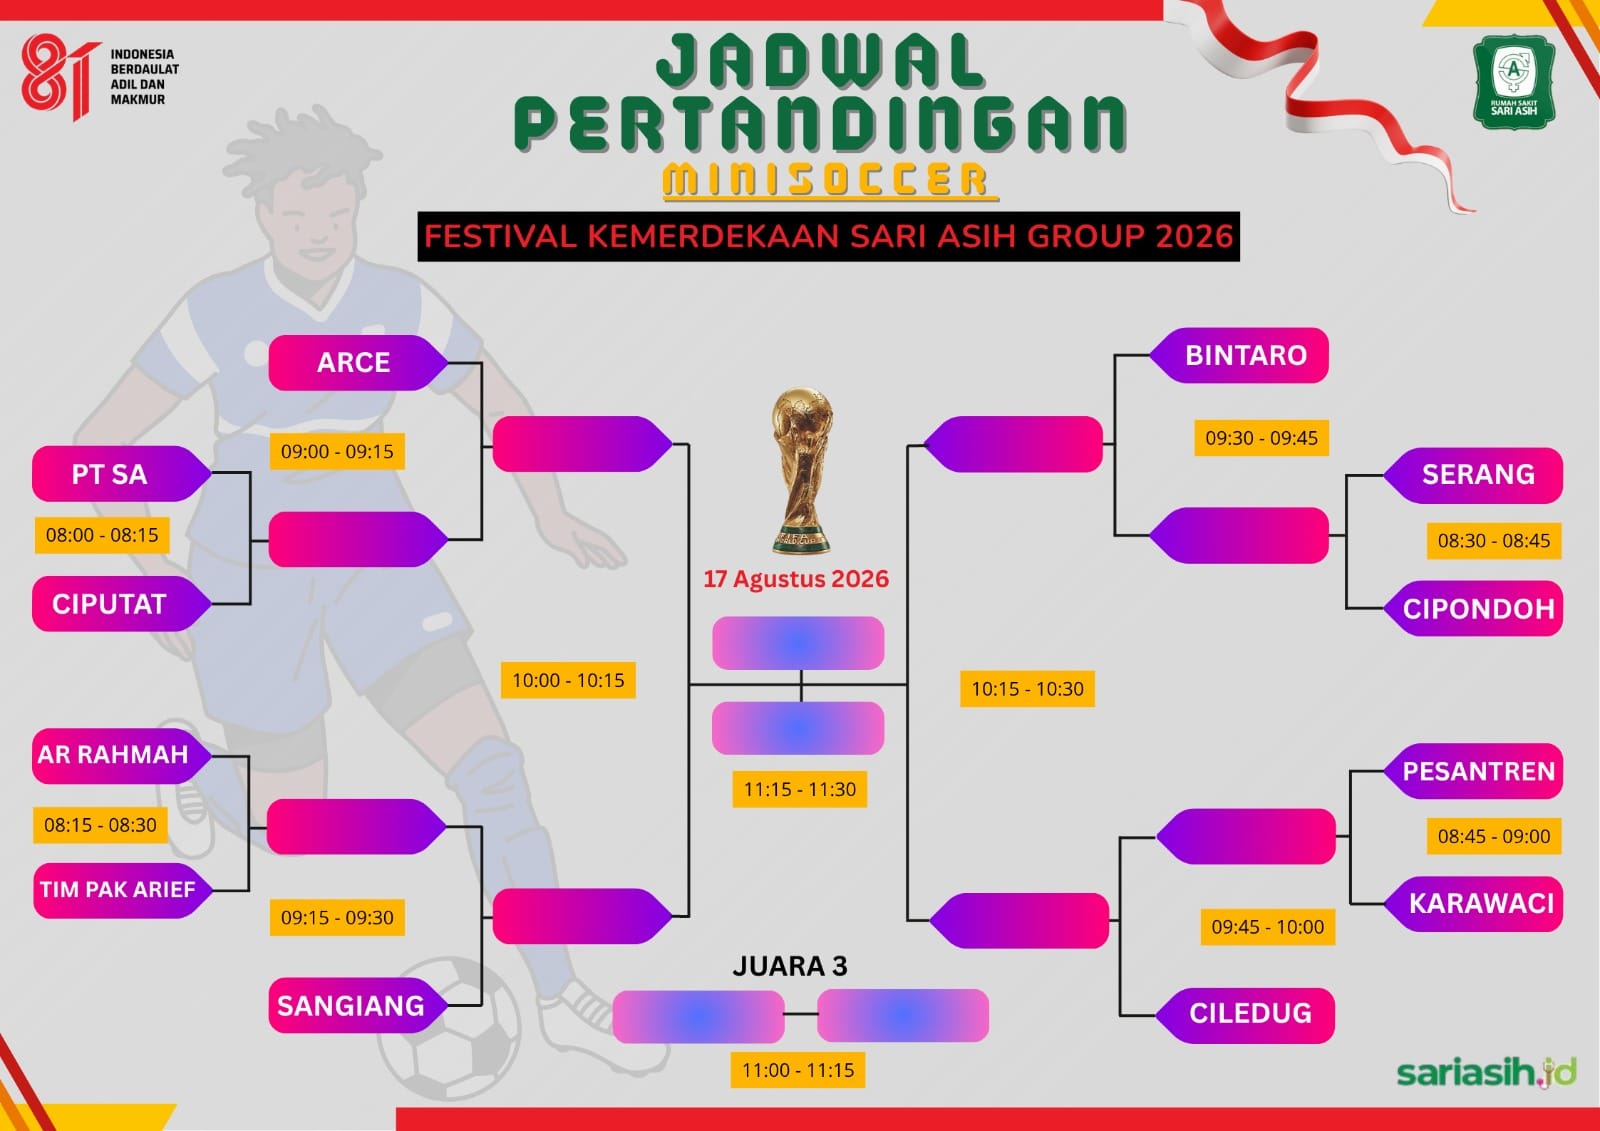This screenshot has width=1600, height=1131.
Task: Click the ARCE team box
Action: tap(358, 362)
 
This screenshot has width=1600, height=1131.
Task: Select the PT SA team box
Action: tap(121, 474)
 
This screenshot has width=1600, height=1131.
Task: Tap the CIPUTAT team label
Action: tap(121, 604)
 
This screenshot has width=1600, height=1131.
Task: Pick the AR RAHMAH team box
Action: tap(121, 755)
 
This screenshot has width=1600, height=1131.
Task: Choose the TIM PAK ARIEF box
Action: tap(123, 890)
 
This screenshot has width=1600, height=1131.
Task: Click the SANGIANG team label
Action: tap(358, 1005)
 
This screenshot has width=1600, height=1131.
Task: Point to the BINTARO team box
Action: tap(1239, 355)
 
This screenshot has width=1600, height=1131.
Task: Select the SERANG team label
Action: tap(1473, 475)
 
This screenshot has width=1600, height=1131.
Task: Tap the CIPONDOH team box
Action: tap(1473, 609)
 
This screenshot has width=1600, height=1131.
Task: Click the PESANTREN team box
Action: tap(1473, 771)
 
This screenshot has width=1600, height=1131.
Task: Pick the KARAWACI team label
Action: tap(1473, 904)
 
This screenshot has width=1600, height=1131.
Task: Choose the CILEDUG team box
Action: tap(1245, 1015)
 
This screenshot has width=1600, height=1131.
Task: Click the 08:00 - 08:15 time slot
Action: tap(102, 535)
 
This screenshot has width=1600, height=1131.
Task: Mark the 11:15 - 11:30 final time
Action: tap(799, 789)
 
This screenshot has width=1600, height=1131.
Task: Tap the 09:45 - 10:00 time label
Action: tap(1268, 927)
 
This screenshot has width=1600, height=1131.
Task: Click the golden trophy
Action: tap(801, 470)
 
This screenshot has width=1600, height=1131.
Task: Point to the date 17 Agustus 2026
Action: tap(796, 579)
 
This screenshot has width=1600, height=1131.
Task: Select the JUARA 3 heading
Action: tap(790, 966)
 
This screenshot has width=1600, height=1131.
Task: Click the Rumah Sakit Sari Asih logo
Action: tap(1514, 81)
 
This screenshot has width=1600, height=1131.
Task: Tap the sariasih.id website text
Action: tap(1486, 1072)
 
